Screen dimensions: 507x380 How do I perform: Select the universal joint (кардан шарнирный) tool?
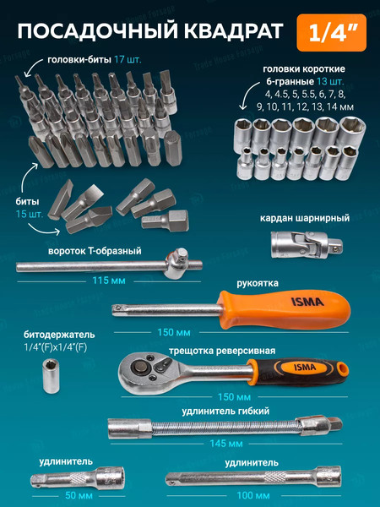(300, 244)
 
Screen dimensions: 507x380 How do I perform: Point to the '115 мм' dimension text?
(109, 279)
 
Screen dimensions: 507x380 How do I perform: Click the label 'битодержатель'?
(52, 334)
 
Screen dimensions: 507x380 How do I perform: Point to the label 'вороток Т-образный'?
(93, 251)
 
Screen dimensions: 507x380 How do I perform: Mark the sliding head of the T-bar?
(179, 264)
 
